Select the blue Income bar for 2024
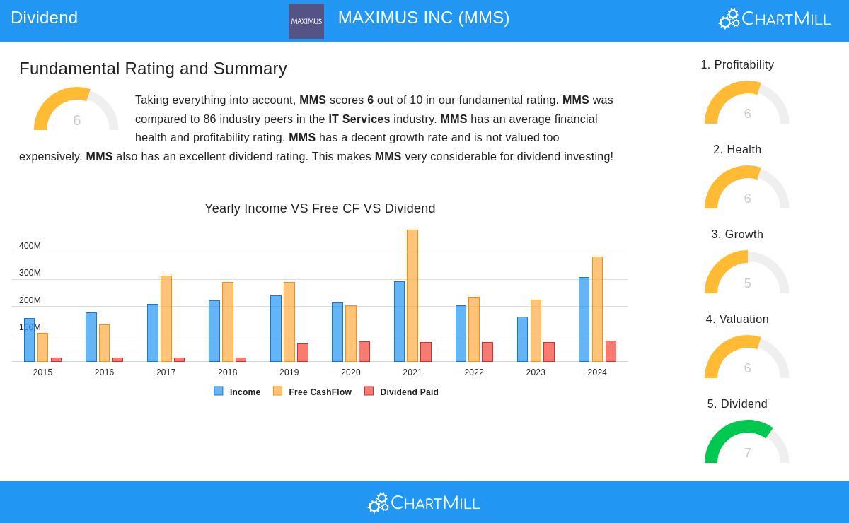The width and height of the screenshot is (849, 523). tap(584, 319)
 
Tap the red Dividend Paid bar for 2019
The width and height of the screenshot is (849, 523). tap(303, 352)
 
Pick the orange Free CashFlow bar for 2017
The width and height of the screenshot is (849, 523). tap(166, 319)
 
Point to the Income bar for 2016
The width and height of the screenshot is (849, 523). tap(91, 337)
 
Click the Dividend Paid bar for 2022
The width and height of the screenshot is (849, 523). tap(487, 351)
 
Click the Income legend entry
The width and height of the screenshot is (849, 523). tap(238, 392)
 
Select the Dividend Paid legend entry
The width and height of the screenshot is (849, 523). tap(402, 392)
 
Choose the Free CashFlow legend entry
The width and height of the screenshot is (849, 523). tap(313, 392)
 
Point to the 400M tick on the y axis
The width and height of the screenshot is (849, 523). tap(30, 246)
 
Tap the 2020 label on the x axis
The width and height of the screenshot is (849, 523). tap(351, 372)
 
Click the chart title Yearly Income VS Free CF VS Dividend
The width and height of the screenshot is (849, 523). tap(320, 208)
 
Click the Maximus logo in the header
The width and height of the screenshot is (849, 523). tap(306, 21)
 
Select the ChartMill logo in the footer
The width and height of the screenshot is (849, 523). tap(424, 503)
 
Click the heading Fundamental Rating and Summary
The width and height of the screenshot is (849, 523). tap(153, 69)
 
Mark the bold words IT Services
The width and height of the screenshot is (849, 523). tap(359, 119)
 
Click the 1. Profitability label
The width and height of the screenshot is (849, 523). tap(737, 65)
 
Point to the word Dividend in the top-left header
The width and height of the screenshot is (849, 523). tap(45, 18)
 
